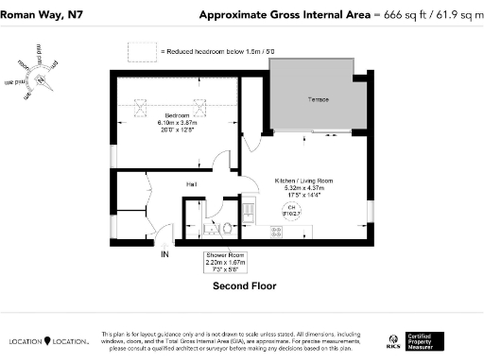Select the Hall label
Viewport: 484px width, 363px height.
(x=190, y=183)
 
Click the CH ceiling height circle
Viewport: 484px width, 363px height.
(x=291, y=210)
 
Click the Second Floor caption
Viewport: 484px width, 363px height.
(x=242, y=285)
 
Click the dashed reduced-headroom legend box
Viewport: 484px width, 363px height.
(x=141, y=51)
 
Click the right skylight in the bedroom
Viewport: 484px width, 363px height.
(x=200, y=106)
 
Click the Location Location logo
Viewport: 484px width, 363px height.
(x=49, y=341)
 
